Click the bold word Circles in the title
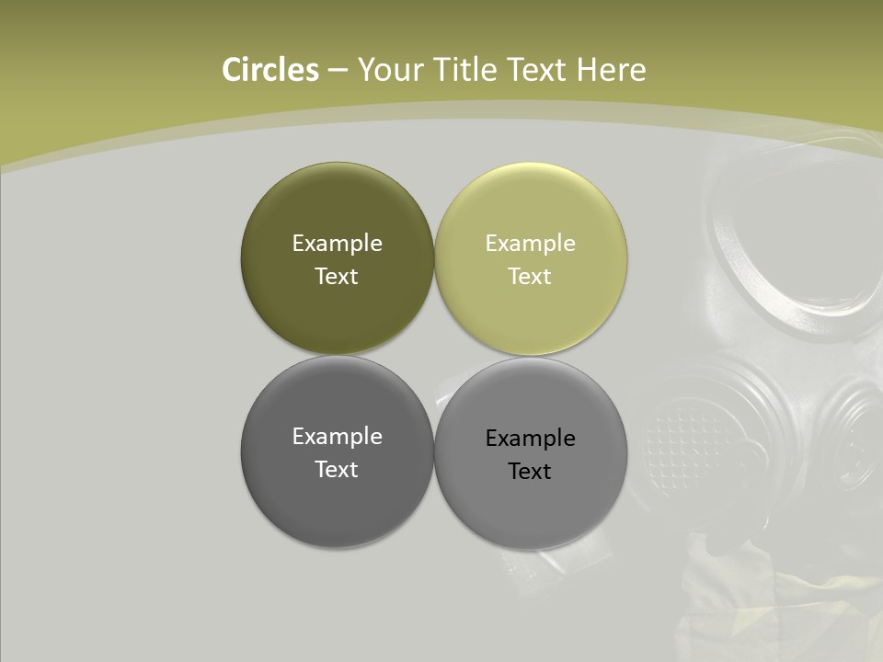[x=270, y=70]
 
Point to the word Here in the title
[x=611, y=70]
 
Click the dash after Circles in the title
[x=338, y=71]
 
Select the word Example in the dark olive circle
[x=337, y=243]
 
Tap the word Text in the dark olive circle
[x=337, y=276]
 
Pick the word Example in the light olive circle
[x=530, y=243]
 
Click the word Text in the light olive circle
[x=530, y=276]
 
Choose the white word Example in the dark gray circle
[x=337, y=436]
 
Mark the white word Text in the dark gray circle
[x=337, y=469]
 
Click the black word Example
[x=530, y=438]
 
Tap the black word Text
[x=530, y=471]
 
